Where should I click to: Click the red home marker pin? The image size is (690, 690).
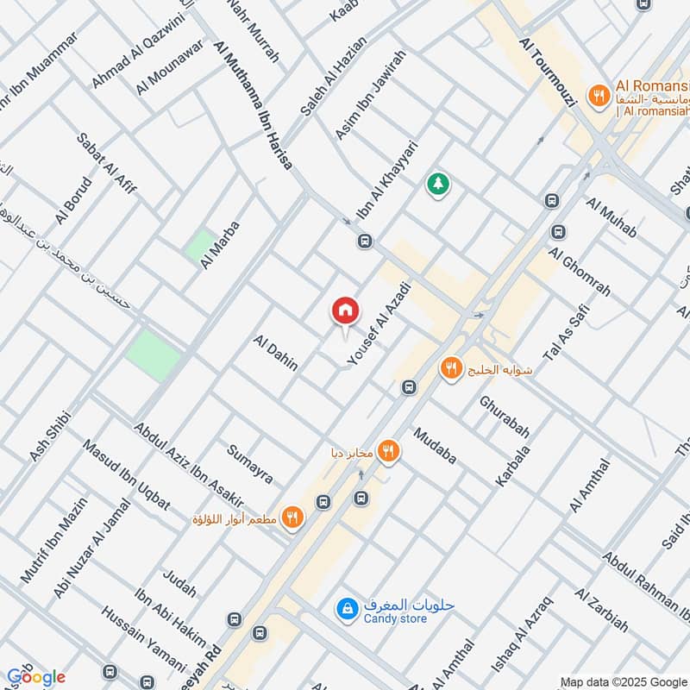(345, 310)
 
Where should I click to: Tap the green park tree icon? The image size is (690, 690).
(438, 184)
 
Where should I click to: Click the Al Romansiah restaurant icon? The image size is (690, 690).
(597, 97)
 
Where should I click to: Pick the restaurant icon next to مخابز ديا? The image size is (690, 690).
(390, 449)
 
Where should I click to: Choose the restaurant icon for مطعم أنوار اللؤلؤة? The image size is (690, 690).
(293, 517)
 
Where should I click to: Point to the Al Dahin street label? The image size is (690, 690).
(276, 354)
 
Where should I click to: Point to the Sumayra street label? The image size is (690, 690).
(250, 464)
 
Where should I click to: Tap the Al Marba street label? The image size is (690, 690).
(219, 245)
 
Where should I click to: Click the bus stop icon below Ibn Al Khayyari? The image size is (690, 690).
(365, 242)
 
